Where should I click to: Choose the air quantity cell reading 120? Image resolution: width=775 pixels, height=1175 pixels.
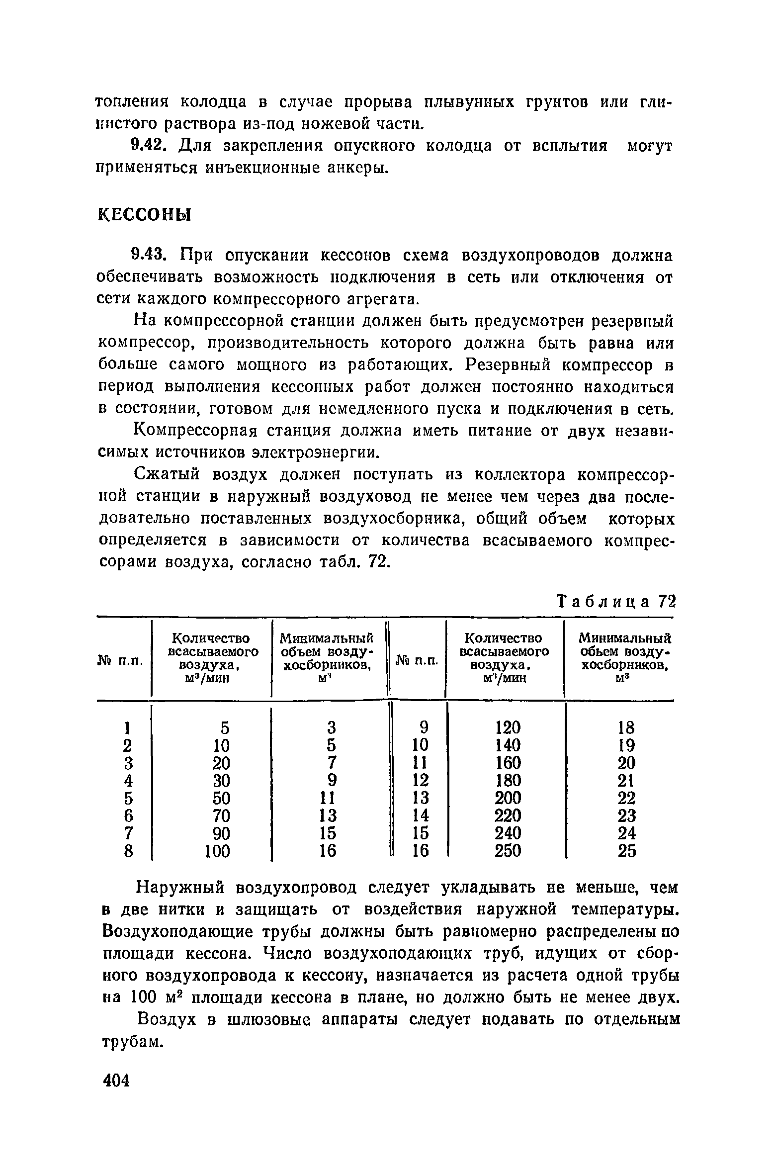click(508, 728)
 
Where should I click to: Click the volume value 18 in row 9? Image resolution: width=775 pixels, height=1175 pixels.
click(626, 728)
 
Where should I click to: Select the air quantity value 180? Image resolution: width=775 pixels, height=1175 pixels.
click(508, 780)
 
